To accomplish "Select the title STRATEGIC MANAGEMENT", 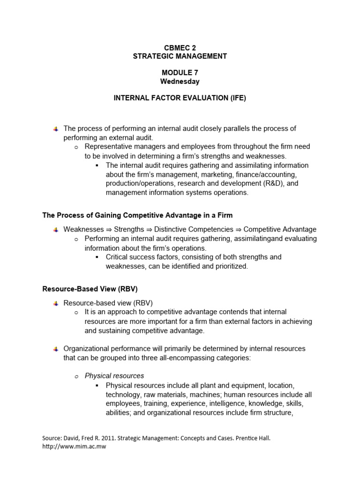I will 180,56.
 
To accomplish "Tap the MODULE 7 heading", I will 180,73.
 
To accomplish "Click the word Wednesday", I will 180,81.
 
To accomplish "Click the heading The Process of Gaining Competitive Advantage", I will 137,215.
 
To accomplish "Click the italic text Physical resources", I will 114,375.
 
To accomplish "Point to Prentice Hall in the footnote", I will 253,438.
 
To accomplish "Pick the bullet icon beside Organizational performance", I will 56,349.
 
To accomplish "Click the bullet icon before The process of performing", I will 56,128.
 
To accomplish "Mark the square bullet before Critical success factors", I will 97,257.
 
